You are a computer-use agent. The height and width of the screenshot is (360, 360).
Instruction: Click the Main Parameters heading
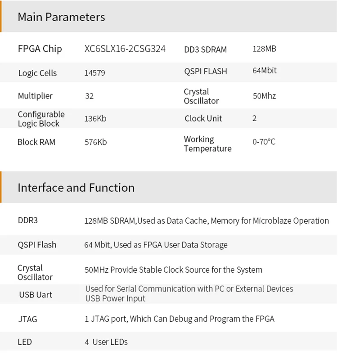tap(61, 17)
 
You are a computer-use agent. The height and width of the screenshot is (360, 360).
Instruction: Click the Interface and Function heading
tap(76, 188)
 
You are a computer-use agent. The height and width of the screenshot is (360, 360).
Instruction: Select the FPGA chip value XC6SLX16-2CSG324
tap(125, 49)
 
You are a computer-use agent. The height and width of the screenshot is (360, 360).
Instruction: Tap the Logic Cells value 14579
tap(95, 73)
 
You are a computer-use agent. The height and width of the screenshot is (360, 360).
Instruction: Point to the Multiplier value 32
tap(90, 96)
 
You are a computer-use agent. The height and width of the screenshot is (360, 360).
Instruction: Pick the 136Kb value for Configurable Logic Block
tap(95, 119)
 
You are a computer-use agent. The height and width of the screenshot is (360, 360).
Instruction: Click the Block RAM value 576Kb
tap(96, 142)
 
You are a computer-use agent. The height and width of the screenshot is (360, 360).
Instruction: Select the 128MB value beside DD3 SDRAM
tap(265, 49)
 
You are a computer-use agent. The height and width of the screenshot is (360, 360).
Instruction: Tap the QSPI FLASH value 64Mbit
tap(265, 71)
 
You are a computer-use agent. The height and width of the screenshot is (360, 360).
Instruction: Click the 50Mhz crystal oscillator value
tap(265, 96)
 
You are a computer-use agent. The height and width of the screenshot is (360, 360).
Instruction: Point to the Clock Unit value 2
tap(255, 118)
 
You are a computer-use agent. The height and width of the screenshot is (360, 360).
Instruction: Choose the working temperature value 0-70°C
tap(264, 142)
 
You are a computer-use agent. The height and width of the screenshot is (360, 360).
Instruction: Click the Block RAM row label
tap(36, 142)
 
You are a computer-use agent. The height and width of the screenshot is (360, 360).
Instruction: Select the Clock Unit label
tap(203, 119)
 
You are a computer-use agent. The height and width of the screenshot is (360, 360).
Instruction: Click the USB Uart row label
tap(36, 295)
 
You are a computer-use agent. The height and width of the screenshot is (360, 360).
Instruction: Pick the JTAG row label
tap(27, 319)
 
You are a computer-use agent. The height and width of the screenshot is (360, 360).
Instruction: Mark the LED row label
tap(25, 342)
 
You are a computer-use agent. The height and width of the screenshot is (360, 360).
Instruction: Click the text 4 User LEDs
tap(106, 342)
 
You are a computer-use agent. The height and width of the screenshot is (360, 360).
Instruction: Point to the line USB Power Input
tap(116, 299)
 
